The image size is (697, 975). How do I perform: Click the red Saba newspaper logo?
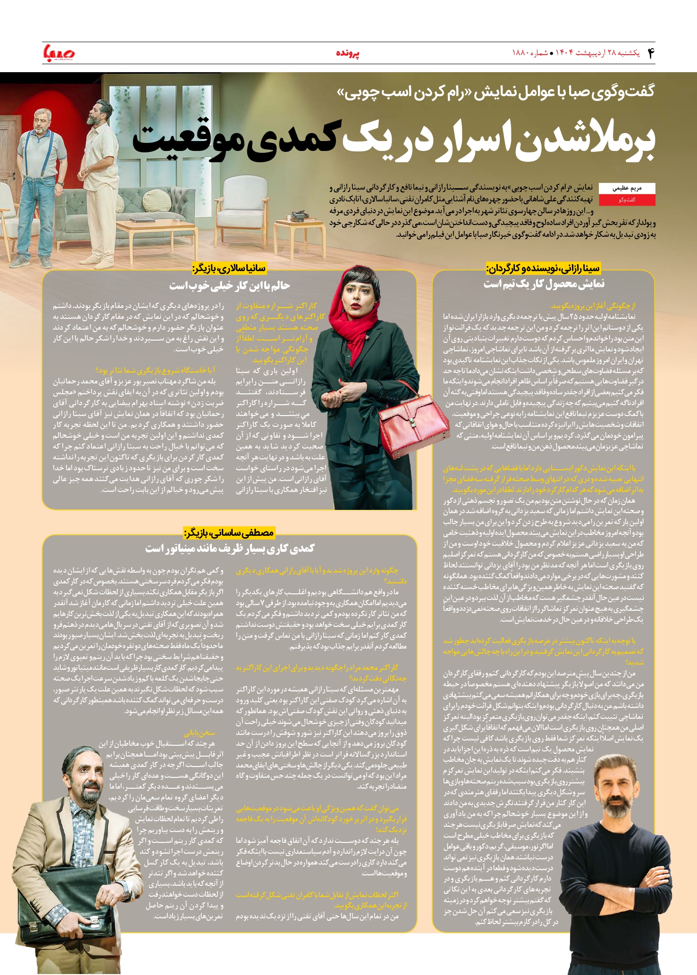[x=59, y=53]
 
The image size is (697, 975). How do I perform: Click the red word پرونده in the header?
[x=348, y=53]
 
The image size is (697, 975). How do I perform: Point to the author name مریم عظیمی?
[x=627, y=188]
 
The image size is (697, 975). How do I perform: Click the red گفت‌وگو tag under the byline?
[x=627, y=200]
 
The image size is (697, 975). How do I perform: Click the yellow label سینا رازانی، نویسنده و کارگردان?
[x=543, y=268]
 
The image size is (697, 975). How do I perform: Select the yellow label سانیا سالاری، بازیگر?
[x=229, y=268]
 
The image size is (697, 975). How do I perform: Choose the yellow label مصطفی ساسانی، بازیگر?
[x=229, y=533]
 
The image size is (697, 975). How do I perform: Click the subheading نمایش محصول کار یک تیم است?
[x=544, y=284]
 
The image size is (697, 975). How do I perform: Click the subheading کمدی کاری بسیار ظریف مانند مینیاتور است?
[x=229, y=548]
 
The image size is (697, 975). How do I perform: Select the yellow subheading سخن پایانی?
[x=199, y=733]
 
